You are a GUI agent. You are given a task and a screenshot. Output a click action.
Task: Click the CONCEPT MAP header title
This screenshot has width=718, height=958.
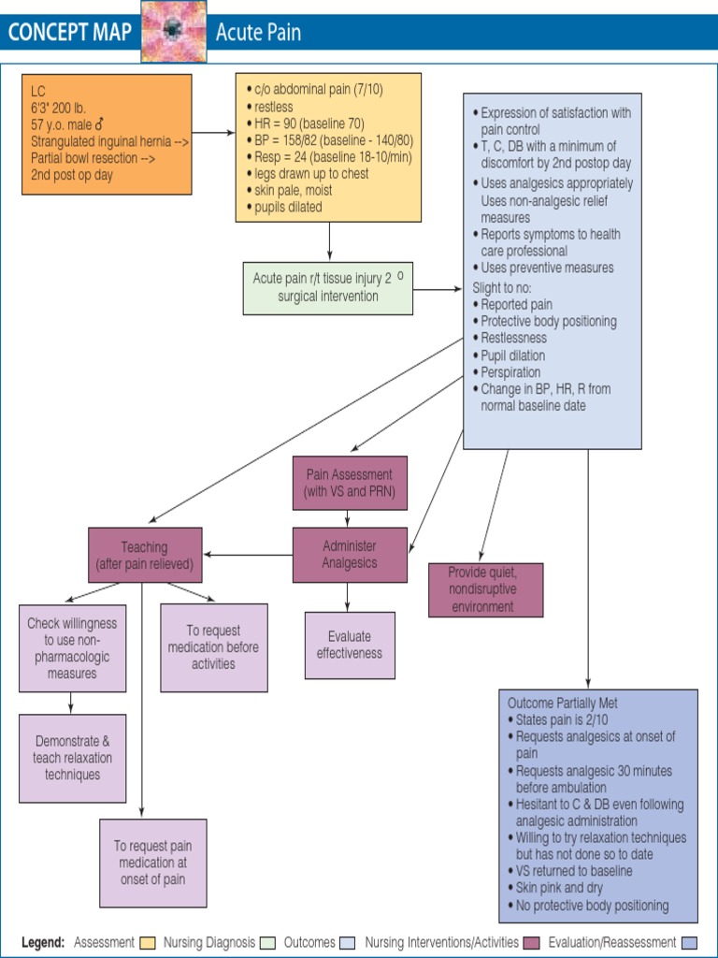70,35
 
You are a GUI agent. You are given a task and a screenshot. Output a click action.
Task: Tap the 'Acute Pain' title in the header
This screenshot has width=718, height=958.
258,35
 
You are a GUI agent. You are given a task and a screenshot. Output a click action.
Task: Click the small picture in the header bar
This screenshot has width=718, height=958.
173,32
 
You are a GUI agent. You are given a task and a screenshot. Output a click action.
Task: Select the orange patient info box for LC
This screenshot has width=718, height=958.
107,134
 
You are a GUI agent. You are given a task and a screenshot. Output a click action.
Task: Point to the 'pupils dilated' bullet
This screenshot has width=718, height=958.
288,207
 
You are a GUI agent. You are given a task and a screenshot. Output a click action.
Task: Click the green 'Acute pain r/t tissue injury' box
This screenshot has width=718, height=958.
327,287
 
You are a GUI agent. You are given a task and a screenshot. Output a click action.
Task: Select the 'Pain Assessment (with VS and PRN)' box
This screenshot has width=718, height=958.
350,483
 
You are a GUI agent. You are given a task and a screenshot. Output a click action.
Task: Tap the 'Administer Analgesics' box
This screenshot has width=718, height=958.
350,554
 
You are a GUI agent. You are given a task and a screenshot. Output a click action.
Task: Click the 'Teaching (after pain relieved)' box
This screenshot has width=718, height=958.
144,555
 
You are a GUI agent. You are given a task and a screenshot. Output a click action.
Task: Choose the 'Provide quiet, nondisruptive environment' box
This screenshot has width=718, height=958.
485,589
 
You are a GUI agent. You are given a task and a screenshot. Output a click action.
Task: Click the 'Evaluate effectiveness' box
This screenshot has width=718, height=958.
350,645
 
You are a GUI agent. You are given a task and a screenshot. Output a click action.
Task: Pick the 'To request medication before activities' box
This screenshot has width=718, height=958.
213,647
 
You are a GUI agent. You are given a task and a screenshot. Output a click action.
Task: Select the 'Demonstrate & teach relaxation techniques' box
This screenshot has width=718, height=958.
72,757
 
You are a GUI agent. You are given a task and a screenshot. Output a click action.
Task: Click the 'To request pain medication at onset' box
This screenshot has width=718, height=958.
153,863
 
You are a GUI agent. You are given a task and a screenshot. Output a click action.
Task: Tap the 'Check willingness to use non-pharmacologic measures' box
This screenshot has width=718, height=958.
72,648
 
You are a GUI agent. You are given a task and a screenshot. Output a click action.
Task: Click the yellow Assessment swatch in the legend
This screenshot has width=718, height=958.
147,942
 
